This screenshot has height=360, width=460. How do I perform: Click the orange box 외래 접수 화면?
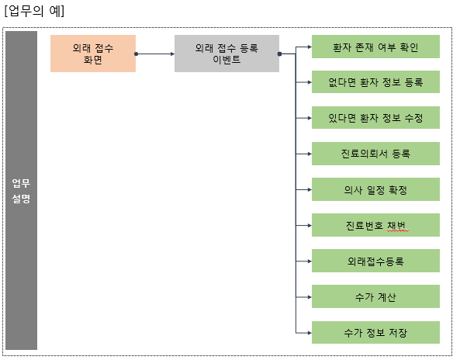click(x=93, y=54)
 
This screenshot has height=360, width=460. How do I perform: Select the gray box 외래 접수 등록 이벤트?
click(x=227, y=54)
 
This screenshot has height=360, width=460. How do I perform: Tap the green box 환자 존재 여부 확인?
click(x=375, y=47)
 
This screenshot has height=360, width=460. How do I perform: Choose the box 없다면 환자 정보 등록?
click(x=375, y=81)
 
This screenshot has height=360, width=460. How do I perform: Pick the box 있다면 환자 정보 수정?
click(x=375, y=117)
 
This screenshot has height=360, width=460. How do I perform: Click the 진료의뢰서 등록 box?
click(x=375, y=153)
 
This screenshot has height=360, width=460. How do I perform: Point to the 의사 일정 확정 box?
click(x=375, y=189)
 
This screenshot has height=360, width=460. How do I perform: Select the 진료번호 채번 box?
click(x=375, y=225)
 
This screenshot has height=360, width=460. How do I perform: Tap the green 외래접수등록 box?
click(x=375, y=261)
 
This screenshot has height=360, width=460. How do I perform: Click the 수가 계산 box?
click(x=375, y=296)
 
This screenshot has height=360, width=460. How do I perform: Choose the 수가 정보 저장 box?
click(x=375, y=332)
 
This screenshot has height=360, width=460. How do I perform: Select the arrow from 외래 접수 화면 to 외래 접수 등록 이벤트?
click(x=155, y=54)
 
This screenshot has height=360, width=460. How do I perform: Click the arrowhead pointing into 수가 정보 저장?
click(x=308, y=332)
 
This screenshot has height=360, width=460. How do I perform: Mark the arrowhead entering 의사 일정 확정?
click(x=308, y=189)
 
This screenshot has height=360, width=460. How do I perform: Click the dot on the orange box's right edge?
click(x=137, y=54)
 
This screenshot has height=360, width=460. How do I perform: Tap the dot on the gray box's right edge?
click(x=279, y=54)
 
